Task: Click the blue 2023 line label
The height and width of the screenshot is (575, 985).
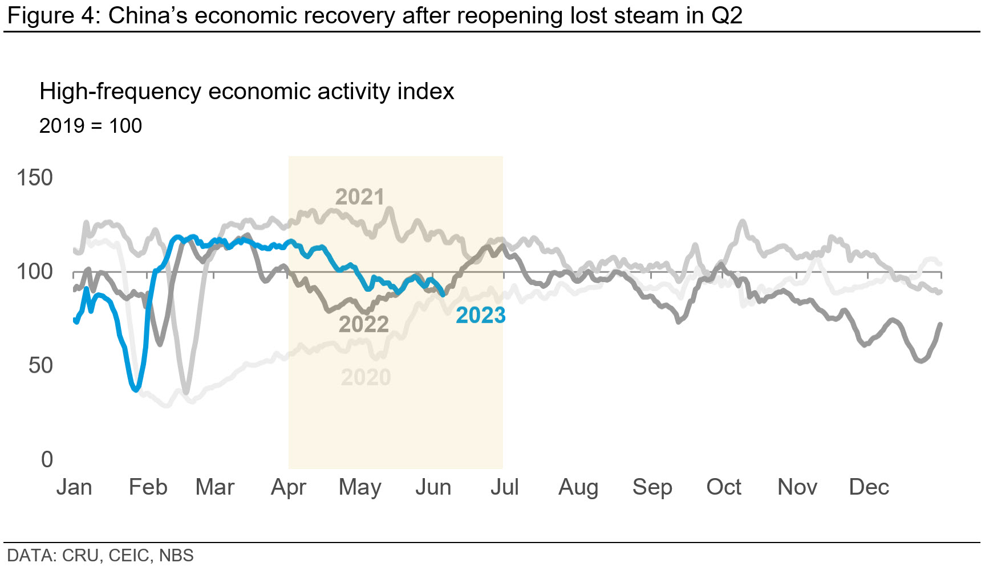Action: point(480,315)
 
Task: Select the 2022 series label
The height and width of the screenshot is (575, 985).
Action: point(363,324)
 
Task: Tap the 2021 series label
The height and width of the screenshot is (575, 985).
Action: point(359,197)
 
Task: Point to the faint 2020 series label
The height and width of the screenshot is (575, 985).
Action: point(366,377)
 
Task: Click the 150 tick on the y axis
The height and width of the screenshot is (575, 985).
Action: point(34,178)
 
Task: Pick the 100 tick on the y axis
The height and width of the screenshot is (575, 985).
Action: point(34,272)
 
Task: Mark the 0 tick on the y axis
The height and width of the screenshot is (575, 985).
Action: point(47,459)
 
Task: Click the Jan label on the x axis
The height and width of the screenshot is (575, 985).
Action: point(74,488)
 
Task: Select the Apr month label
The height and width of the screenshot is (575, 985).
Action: point(288,488)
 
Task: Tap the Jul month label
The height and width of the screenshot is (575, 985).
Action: point(504,488)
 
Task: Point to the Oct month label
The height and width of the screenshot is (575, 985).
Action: point(723,488)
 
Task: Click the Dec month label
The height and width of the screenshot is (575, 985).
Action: point(869,488)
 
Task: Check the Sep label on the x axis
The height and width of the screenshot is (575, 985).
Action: point(652,488)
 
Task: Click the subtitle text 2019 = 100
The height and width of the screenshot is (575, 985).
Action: point(90,126)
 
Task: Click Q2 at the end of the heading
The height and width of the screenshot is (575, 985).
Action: point(727,15)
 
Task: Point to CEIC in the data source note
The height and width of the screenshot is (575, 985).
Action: point(130,556)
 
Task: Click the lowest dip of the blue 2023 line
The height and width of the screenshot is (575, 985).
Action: point(135,389)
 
